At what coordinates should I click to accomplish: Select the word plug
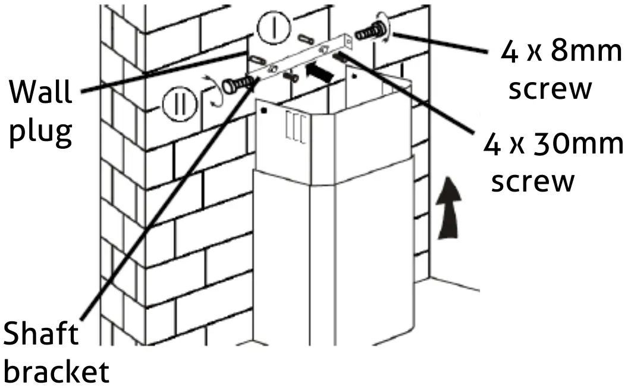tap(41, 132)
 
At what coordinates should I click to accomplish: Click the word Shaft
tap(40, 334)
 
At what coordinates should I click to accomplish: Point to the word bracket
tap(56, 372)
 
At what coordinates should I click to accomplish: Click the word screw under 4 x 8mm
tap(551, 89)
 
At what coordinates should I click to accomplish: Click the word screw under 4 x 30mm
tap(533, 181)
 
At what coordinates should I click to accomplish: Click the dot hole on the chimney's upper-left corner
tap(263, 111)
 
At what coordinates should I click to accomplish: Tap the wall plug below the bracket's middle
tap(291, 76)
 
